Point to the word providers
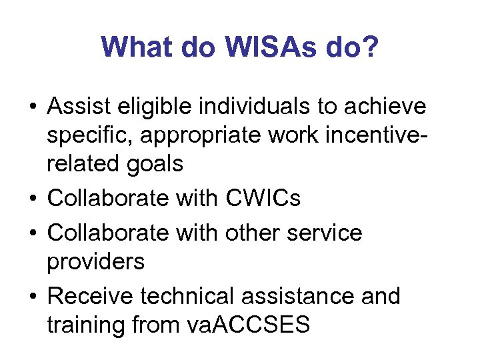point(95,262)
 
